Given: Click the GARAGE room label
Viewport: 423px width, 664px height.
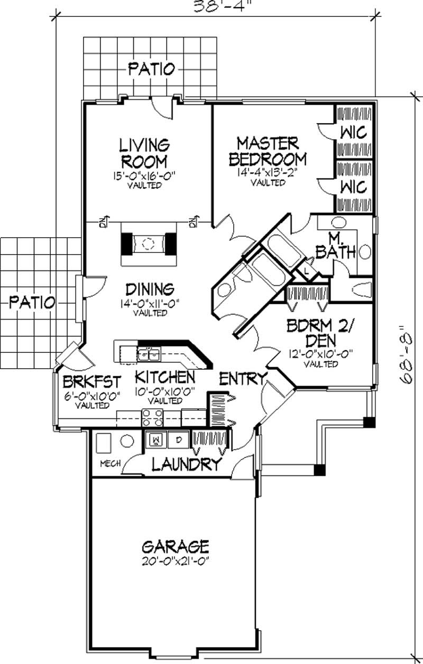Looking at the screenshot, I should pos(175,545).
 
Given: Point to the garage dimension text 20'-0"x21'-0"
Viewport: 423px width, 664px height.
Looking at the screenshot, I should pos(175,560).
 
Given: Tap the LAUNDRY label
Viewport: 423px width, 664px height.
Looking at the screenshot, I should pos(186,464).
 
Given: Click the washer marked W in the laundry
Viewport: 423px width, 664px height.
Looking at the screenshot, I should pos(157,438).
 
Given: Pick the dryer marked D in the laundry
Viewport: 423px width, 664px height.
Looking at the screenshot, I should pos(179,438).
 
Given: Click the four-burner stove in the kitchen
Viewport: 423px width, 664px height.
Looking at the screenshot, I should pos(152,417).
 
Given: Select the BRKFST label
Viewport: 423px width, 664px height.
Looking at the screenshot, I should pos(92,381).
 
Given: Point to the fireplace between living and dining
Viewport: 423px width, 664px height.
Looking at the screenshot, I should pos(149,244).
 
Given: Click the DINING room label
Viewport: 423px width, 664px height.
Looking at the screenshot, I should pos(150,289).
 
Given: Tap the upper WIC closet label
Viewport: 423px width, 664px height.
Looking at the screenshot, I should pos(353,132).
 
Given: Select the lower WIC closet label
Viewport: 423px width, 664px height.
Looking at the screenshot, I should pos(353,186).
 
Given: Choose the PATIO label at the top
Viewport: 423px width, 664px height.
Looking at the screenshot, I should pos(152,68).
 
